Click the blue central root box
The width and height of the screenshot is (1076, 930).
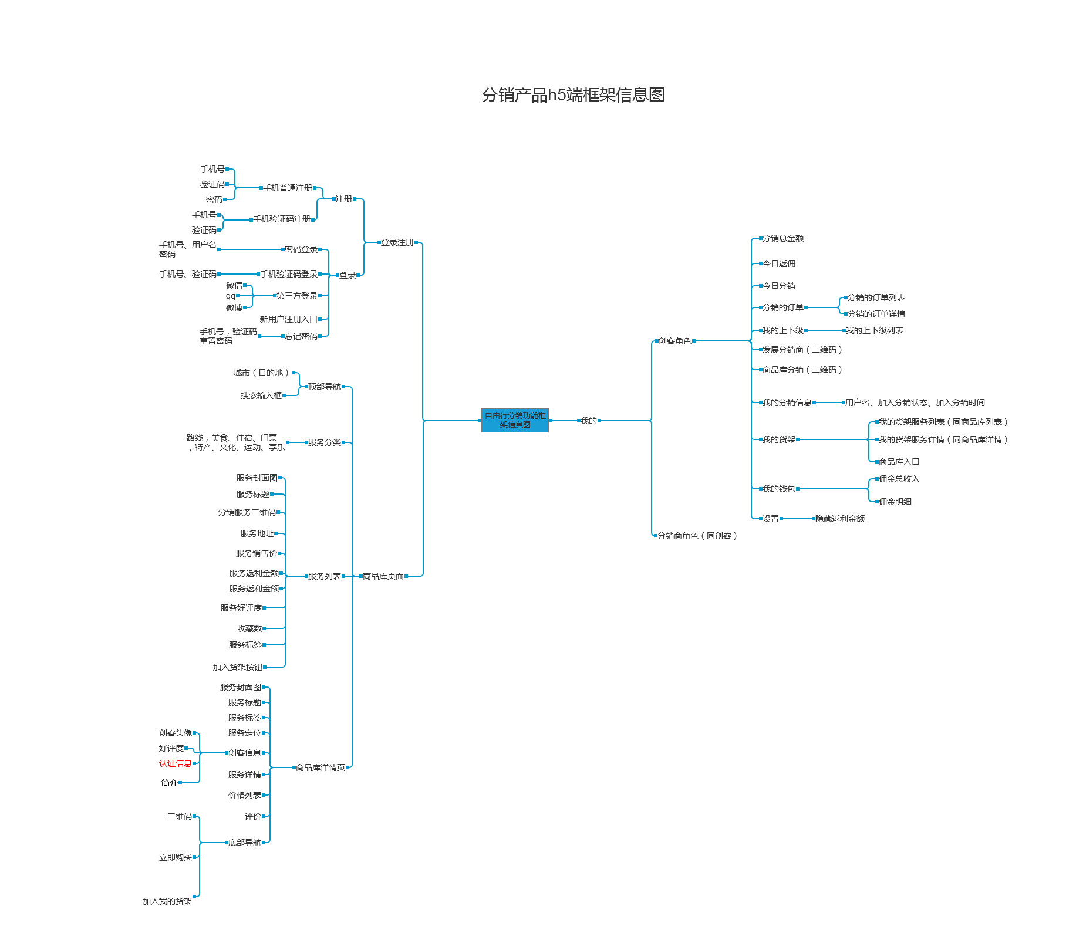(515, 420)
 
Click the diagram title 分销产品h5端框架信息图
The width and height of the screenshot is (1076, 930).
(573, 94)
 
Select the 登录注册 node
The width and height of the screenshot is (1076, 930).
(397, 242)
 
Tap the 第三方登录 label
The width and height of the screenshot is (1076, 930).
(297, 296)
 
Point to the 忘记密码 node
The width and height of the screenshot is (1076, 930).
(301, 336)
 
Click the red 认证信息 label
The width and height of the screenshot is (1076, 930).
(175, 763)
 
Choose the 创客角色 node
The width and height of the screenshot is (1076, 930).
(674, 341)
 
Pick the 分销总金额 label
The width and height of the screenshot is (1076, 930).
(783, 238)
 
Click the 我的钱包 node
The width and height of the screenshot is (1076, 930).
(778, 489)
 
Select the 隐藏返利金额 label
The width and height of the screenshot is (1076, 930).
(840, 519)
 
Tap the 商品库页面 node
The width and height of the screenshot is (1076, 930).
(383, 576)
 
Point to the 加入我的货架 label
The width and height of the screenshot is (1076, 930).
(167, 901)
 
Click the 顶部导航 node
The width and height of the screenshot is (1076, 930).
(325, 387)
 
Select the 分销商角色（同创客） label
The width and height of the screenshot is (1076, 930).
(697, 536)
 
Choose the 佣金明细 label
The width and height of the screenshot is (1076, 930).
(895, 502)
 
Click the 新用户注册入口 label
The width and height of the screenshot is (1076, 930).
(288, 319)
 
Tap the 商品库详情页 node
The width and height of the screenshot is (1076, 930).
(321, 767)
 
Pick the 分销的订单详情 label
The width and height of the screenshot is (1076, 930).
(876, 314)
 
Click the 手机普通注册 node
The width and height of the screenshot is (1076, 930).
(288, 188)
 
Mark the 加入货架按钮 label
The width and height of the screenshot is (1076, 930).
(238, 667)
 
